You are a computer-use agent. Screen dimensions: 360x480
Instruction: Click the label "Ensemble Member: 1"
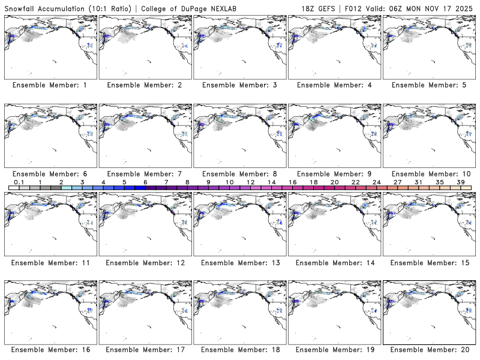click(x=50, y=85)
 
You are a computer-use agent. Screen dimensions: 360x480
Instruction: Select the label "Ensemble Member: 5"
click(x=428, y=85)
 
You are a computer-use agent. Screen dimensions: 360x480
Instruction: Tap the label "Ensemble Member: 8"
click(x=239, y=173)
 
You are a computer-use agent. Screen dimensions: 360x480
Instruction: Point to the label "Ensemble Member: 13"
click(x=239, y=262)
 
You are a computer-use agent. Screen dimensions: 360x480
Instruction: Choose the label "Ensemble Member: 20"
click(x=428, y=350)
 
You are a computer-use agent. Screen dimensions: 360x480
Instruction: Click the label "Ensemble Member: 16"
click(x=50, y=350)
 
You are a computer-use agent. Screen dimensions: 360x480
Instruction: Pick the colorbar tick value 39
click(x=461, y=182)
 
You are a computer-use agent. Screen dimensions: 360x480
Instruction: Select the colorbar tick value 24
click(x=376, y=182)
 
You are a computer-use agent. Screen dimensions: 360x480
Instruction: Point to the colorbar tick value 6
click(x=145, y=182)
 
